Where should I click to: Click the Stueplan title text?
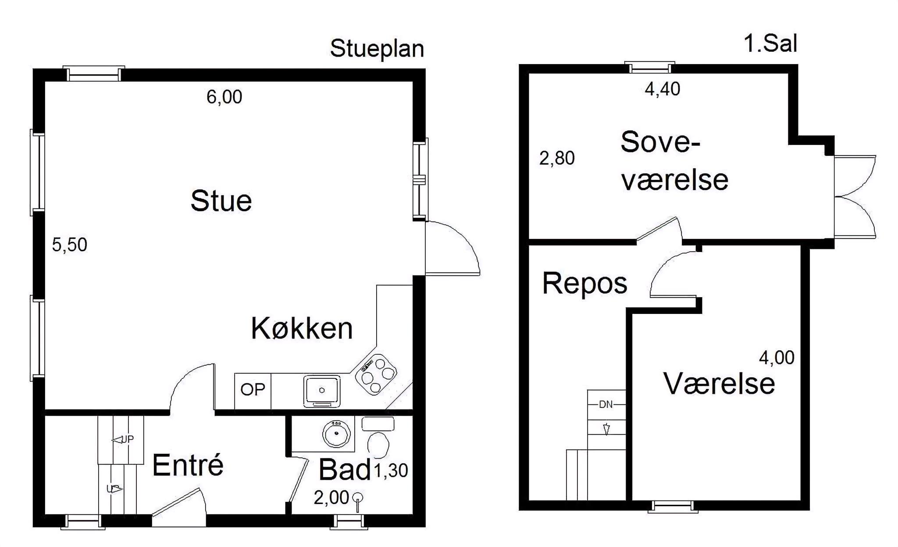pyautogui.click(x=377, y=49)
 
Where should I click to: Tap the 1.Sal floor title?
pyautogui.click(x=770, y=44)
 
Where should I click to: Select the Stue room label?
pyautogui.click(x=221, y=201)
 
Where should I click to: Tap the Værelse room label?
pyautogui.click(x=719, y=383)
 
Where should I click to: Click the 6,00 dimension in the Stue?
pyautogui.click(x=224, y=97)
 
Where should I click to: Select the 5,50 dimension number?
pyautogui.click(x=70, y=245)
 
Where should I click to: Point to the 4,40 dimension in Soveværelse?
pyautogui.click(x=663, y=89)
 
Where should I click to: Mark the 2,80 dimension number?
pyautogui.click(x=557, y=158)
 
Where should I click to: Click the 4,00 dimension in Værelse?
pyautogui.click(x=777, y=358)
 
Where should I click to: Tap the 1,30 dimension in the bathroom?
pyautogui.click(x=391, y=471)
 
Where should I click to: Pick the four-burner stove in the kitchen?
pyautogui.click(x=376, y=374)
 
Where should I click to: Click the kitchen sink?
pyautogui.click(x=322, y=390)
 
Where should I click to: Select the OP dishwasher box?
pyautogui.click(x=253, y=391)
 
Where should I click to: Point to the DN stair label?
pyautogui.click(x=606, y=404)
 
